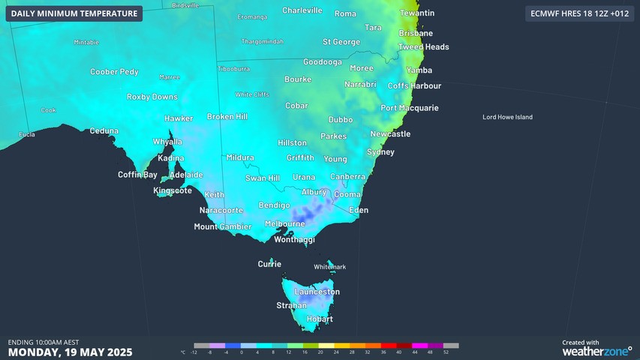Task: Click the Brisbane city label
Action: [x=416, y=34]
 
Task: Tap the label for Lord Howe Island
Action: [x=507, y=117]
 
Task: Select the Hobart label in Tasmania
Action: [x=319, y=319]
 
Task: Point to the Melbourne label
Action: [x=285, y=223]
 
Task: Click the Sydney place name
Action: [x=380, y=152]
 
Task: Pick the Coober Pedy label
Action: [x=114, y=72]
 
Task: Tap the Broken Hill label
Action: [x=227, y=117]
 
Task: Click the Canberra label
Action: [x=347, y=176]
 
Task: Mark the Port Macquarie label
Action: [x=409, y=108]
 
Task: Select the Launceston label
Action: [x=317, y=292]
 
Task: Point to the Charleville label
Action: [x=302, y=10]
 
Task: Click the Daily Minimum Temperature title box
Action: [x=74, y=13]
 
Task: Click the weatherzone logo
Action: [x=597, y=350]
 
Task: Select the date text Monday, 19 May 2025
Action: [x=71, y=352]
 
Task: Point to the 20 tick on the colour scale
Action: [x=320, y=352]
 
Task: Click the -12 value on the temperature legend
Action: [x=194, y=352]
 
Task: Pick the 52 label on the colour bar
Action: [x=446, y=352]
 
